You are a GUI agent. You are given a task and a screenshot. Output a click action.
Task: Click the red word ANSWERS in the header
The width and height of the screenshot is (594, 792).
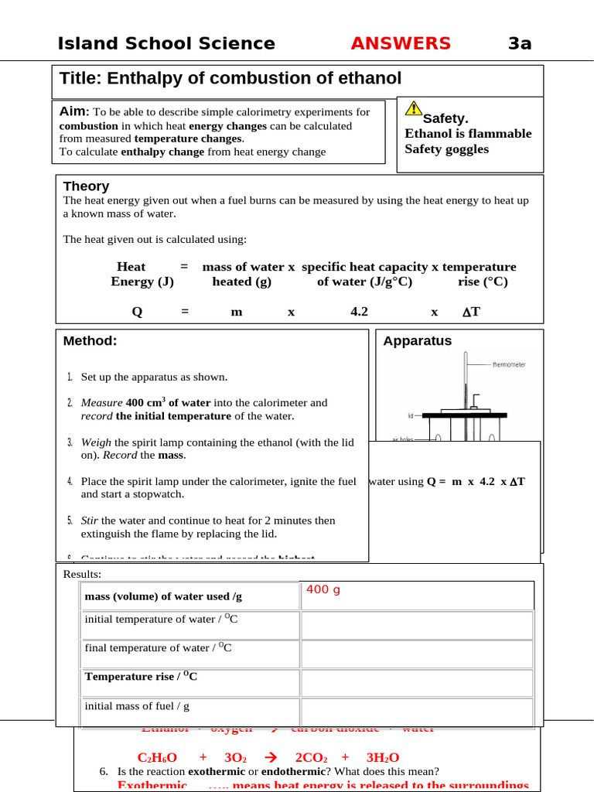(400, 43)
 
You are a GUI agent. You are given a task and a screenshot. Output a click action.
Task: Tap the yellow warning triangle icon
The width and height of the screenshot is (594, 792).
(414, 109)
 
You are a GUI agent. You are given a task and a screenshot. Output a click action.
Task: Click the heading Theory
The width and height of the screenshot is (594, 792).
(86, 186)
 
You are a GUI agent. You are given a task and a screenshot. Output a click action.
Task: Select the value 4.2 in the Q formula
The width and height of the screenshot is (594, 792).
(359, 312)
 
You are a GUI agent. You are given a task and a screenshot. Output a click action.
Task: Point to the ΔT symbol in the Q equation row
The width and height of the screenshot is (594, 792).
(471, 312)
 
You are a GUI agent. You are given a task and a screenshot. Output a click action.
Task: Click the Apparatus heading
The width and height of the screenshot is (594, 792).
(418, 341)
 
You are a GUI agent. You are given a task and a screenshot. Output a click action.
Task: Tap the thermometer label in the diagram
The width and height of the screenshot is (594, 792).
(508, 364)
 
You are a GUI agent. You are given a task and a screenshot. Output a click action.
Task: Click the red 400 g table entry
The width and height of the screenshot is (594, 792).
(323, 590)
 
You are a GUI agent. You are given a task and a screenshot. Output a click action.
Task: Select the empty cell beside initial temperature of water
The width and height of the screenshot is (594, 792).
(417, 625)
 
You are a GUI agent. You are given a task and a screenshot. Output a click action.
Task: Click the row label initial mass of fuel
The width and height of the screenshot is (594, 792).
(137, 706)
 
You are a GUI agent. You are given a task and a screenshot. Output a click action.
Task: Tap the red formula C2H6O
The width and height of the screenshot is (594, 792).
(157, 758)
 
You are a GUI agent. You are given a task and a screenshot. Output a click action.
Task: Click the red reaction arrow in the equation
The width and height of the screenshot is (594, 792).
(270, 758)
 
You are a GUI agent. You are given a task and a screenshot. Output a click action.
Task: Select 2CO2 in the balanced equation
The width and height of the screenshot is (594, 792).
(313, 758)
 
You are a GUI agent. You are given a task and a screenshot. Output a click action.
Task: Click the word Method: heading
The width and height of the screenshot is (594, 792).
(90, 341)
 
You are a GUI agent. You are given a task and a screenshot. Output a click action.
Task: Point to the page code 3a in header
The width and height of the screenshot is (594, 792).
(520, 43)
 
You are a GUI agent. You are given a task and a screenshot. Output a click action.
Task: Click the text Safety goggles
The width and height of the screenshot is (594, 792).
(447, 148)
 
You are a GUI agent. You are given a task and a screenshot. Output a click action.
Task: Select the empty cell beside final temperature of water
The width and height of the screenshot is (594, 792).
(417, 654)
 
